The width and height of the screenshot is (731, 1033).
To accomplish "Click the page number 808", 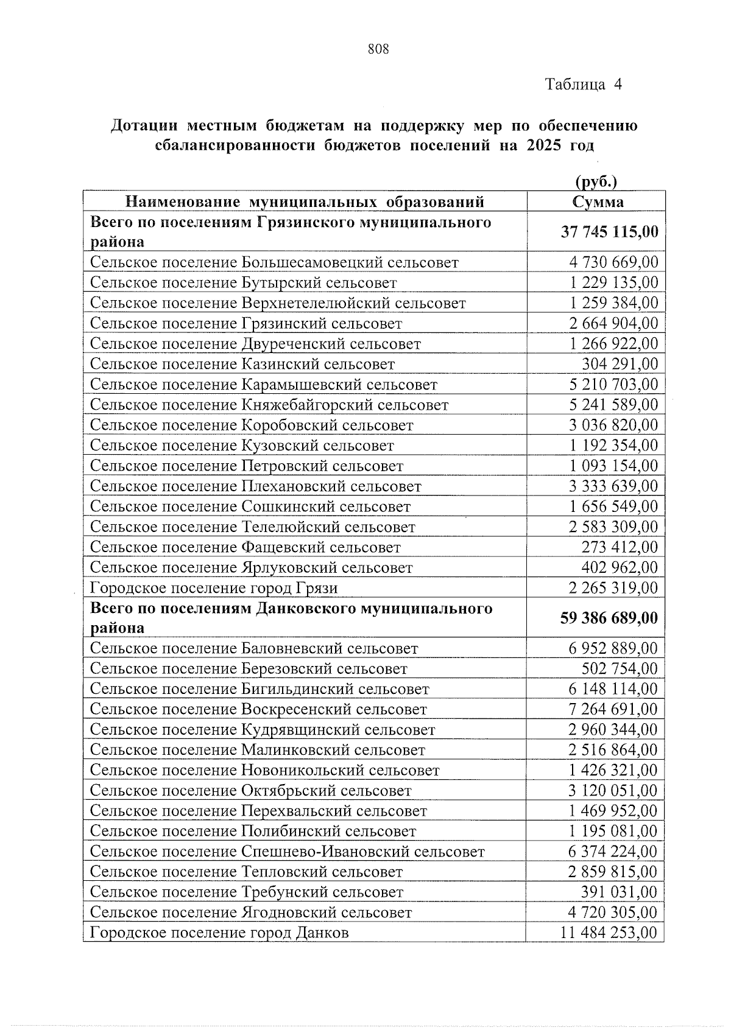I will (x=378, y=49).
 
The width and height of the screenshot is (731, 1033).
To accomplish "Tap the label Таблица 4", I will (x=583, y=84).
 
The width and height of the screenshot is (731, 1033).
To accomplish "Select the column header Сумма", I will (x=598, y=201).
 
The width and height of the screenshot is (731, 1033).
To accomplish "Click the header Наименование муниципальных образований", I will (x=305, y=201).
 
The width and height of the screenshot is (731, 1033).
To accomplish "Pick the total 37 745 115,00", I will (x=609, y=231).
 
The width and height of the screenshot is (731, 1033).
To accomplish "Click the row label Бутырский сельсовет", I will (x=244, y=282).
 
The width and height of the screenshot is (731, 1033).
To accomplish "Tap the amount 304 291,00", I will (x=620, y=364).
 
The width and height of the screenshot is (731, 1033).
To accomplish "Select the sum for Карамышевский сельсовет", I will (x=613, y=385).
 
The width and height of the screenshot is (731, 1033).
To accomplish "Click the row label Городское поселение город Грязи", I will (x=214, y=588).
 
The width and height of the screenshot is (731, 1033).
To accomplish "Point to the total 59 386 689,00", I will (x=609, y=617).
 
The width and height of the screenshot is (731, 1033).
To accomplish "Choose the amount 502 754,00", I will (x=620, y=668).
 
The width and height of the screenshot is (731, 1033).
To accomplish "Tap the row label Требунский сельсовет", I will (x=247, y=892).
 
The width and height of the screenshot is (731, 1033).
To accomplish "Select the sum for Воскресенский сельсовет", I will (x=613, y=709).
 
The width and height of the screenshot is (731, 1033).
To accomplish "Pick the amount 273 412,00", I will (x=620, y=547).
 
